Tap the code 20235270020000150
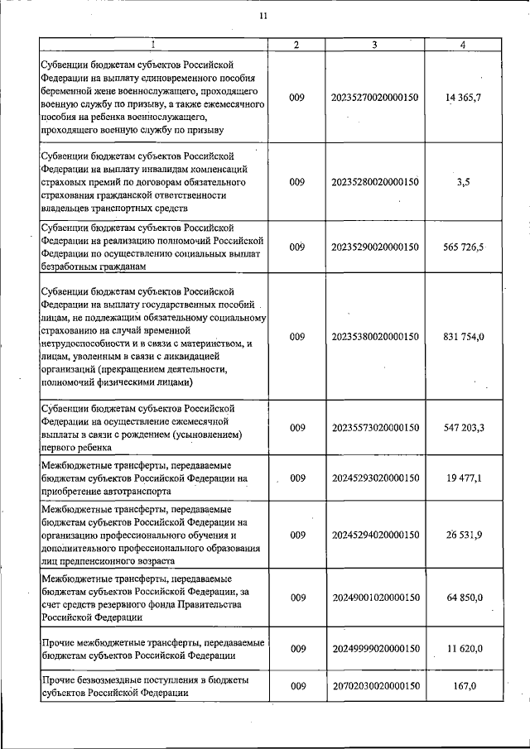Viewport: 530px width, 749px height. (374, 98)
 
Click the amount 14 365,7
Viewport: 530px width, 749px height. (463, 98)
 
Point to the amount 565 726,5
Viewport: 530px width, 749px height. (463, 247)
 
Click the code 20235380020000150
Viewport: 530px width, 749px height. (374, 337)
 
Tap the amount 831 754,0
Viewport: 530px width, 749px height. (463, 337)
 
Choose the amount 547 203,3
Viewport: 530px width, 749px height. (463, 428)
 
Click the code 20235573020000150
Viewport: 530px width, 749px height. (374, 428)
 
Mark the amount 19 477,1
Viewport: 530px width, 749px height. (463, 478)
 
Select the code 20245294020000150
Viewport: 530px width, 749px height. (374, 535)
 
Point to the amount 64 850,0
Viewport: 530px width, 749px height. (463, 598)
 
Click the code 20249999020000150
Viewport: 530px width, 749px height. (374, 650)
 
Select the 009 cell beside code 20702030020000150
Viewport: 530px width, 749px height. (297, 686)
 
